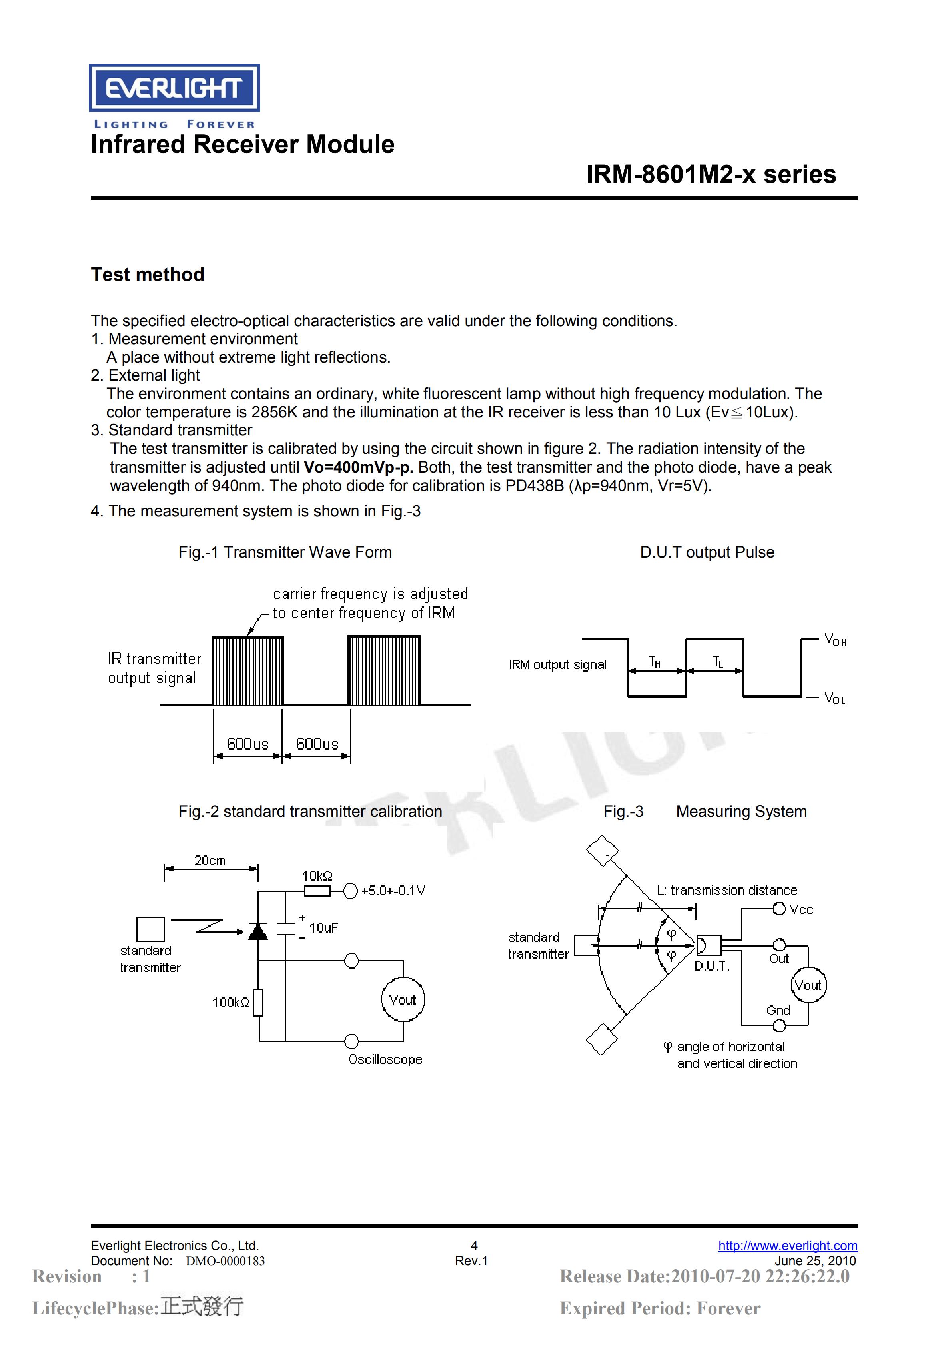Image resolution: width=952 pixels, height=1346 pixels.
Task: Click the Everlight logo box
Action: (x=174, y=88)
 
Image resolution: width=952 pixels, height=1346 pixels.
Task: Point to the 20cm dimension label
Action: (x=210, y=861)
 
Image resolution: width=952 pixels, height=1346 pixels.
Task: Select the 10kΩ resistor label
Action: (x=317, y=876)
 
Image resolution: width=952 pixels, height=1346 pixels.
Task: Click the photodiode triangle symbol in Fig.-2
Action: (x=258, y=931)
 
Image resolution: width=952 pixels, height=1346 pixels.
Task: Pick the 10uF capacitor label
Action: (x=323, y=928)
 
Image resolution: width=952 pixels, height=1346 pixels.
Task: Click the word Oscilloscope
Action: (x=385, y=1059)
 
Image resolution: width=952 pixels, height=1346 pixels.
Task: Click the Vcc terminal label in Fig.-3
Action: (x=801, y=910)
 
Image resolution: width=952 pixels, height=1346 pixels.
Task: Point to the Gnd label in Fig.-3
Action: (x=778, y=1010)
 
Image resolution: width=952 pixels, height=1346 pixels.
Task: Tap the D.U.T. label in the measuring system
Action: (x=712, y=966)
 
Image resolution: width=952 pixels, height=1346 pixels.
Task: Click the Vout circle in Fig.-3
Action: (x=808, y=985)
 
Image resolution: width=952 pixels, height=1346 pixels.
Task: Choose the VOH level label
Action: (x=835, y=640)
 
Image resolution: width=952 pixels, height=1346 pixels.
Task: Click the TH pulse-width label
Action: (x=655, y=662)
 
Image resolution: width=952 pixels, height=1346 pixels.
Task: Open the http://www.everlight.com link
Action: (x=788, y=1246)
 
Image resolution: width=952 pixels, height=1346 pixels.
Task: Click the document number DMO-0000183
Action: (x=226, y=1261)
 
